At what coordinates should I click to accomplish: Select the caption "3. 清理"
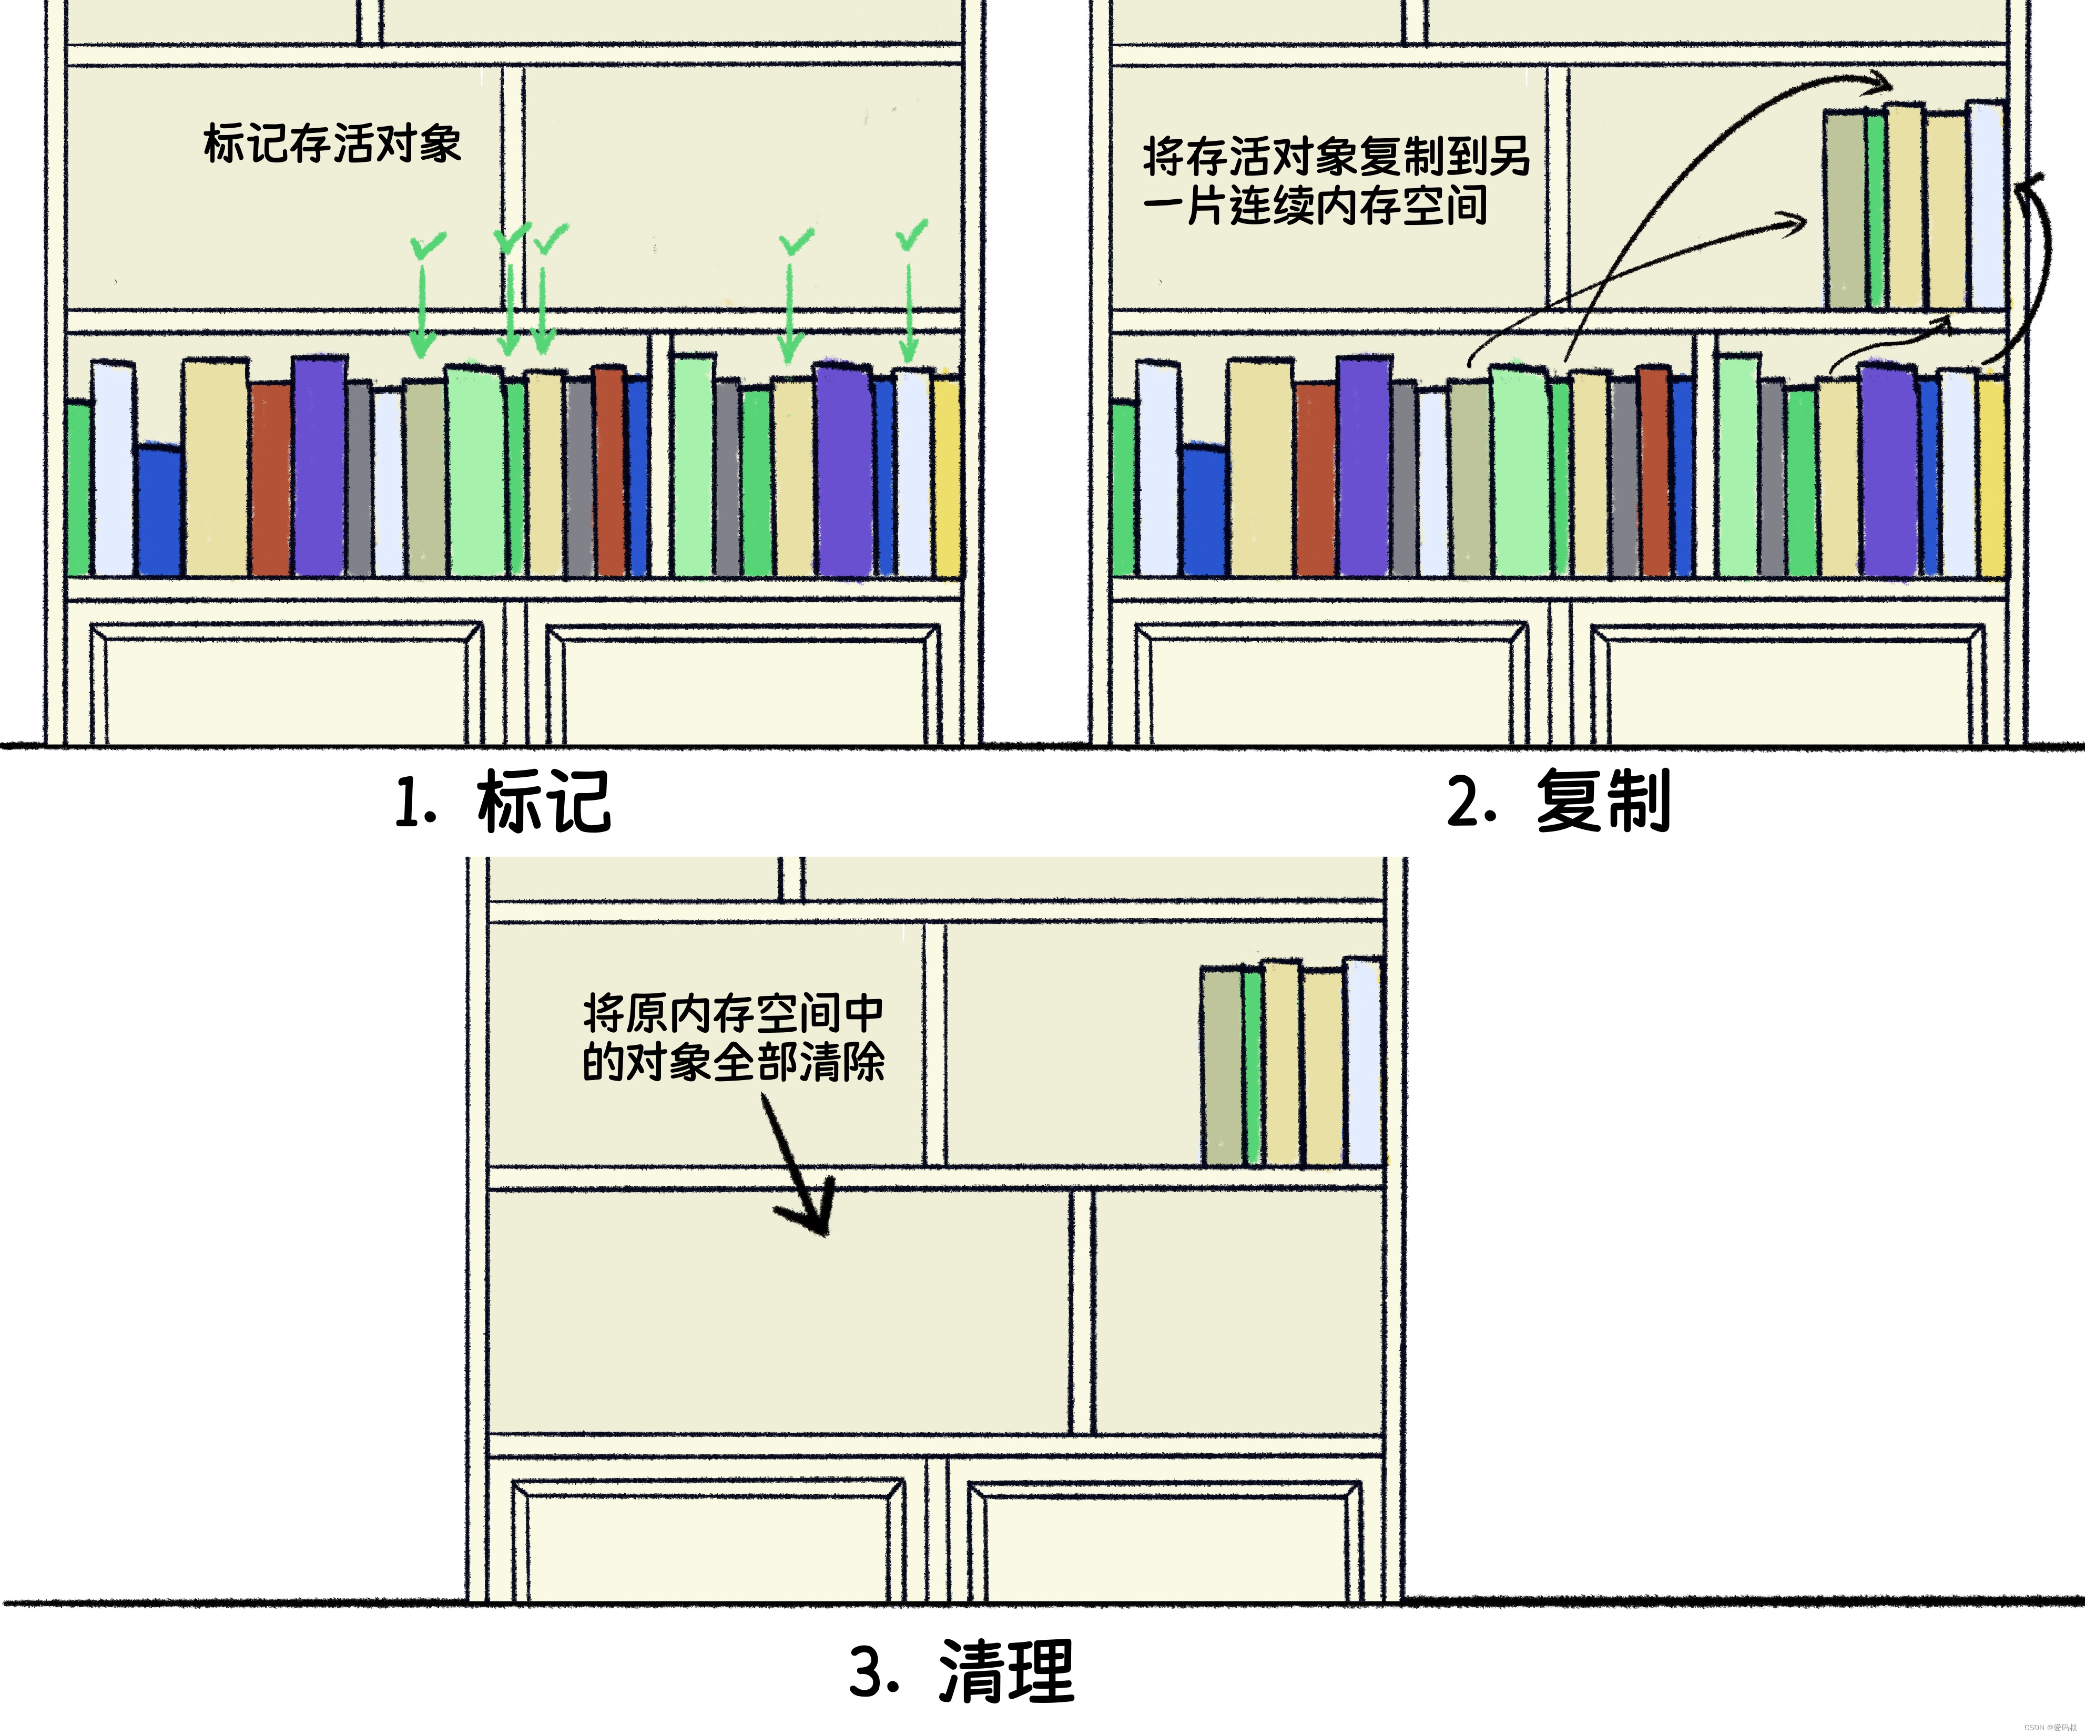[x=961, y=1671]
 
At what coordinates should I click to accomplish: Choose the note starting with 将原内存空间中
[x=733, y=1037]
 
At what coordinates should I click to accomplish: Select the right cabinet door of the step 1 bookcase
[x=743, y=685]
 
